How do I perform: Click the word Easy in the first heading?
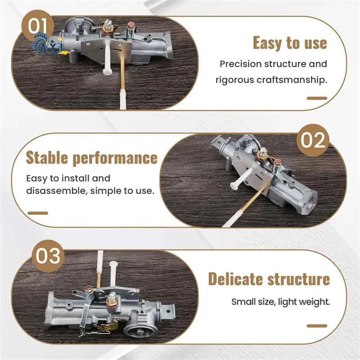pos(268,43)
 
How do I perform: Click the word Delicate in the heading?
pos(237,279)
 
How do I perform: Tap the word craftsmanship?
pos(288,81)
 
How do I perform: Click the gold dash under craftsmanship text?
pos(316,98)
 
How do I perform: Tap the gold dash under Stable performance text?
pos(37,213)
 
